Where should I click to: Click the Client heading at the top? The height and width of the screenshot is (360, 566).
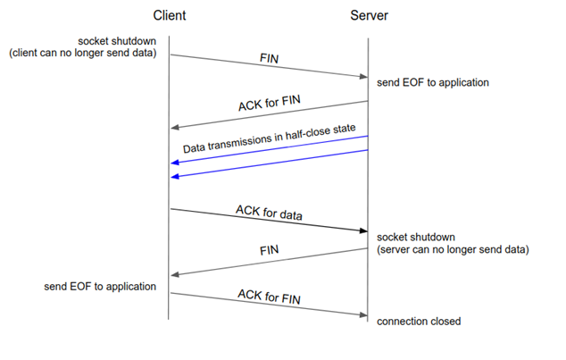point(169,16)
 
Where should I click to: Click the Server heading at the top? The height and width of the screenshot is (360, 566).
point(368,16)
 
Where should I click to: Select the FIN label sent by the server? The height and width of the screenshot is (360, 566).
point(270,251)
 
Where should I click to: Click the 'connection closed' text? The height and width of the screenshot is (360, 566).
point(419,321)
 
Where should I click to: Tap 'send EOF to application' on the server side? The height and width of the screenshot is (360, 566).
point(432,82)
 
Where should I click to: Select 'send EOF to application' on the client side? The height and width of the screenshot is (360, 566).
point(100,287)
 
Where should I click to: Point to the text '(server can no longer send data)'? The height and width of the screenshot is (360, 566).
point(453,249)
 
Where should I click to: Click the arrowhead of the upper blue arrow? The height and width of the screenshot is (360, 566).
point(174,163)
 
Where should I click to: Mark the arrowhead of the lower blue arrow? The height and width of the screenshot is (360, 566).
point(174,177)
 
